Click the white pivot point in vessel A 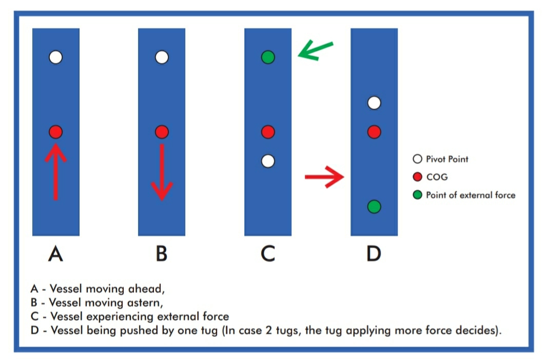[x=56, y=57]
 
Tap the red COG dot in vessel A [x=56, y=132]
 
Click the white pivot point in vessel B [x=162, y=57]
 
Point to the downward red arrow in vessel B [x=162, y=172]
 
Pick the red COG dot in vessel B [x=162, y=132]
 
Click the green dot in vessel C [x=268, y=57]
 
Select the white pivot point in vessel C [x=268, y=161]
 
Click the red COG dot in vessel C [x=268, y=132]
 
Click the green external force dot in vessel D [x=374, y=207]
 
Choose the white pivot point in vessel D [x=374, y=103]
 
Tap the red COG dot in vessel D [x=374, y=132]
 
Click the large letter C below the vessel [x=268, y=253]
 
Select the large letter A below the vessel [x=56, y=253]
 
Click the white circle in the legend [x=417, y=159]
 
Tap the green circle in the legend [x=417, y=195]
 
